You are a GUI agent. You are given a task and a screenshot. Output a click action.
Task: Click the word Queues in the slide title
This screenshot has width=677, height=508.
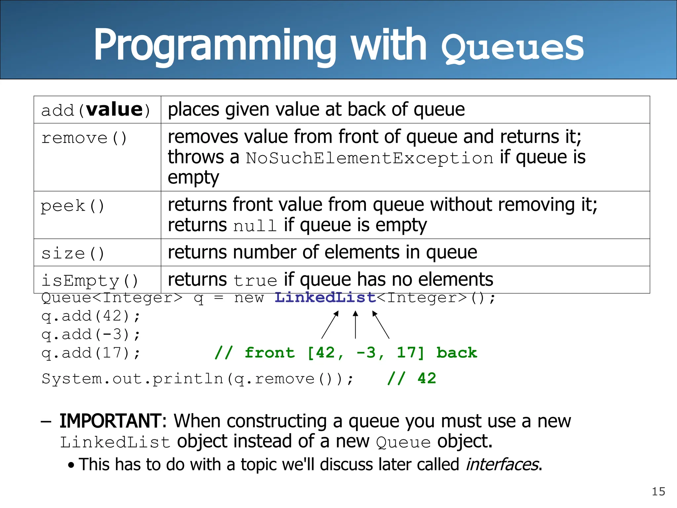[x=512, y=48]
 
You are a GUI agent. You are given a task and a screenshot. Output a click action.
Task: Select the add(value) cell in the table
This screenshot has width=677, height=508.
[x=96, y=110]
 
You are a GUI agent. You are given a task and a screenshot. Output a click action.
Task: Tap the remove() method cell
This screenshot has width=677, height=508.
[x=84, y=138]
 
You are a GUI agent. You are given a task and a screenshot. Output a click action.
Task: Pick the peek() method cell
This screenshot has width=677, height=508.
[x=73, y=206]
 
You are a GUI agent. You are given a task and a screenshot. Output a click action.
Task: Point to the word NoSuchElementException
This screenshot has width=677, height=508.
[x=370, y=158]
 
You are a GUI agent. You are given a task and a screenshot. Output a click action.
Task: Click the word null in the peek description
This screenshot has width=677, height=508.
[x=255, y=226]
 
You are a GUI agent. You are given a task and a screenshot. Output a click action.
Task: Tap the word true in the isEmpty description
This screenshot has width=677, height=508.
[x=255, y=281]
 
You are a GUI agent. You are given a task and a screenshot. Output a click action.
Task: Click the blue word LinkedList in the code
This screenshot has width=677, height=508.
[x=325, y=298]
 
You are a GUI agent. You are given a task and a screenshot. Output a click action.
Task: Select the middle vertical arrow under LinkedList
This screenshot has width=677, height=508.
[x=355, y=325]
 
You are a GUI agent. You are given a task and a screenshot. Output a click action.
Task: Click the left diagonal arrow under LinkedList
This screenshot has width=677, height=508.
[x=330, y=325]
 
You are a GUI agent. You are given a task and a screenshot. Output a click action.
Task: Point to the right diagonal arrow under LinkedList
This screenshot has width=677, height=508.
[x=381, y=325]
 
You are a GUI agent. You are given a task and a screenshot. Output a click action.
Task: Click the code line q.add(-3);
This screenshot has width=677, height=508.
[x=91, y=334]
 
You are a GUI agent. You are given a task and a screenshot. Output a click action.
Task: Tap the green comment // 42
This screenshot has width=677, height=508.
[x=412, y=378]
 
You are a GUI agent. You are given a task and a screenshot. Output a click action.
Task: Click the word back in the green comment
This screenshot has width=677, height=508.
[x=457, y=353]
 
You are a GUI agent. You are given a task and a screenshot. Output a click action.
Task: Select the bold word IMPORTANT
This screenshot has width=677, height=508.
[x=111, y=421]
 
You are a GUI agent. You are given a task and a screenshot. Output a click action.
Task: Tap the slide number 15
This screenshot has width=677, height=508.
[x=658, y=491]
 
